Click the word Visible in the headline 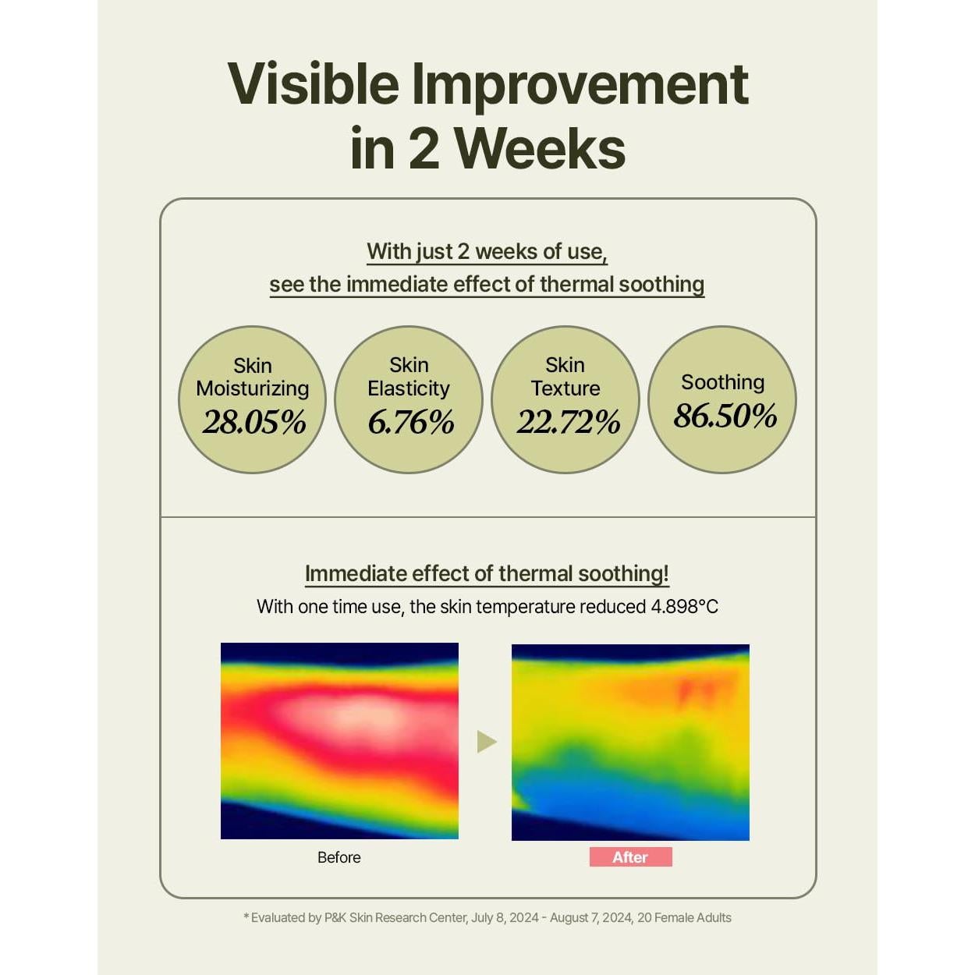click(x=314, y=84)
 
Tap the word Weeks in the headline click(x=540, y=148)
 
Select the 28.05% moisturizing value click(x=253, y=423)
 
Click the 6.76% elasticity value click(x=410, y=423)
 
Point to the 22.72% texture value click(x=568, y=423)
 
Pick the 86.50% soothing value click(x=725, y=416)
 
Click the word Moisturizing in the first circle click(x=253, y=388)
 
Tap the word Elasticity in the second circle click(x=409, y=388)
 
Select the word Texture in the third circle click(x=565, y=388)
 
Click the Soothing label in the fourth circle click(x=722, y=382)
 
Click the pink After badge click(x=630, y=857)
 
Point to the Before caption click(x=339, y=857)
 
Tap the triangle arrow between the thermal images click(x=486, y=741)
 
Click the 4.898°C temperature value click(x=684, y=607)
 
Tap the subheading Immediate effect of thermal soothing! click(x=487, y=574)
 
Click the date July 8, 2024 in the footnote click(x=504, y=918)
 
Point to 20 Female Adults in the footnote click(x=684, y=918)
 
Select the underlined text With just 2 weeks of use click(x=487, y=252)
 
